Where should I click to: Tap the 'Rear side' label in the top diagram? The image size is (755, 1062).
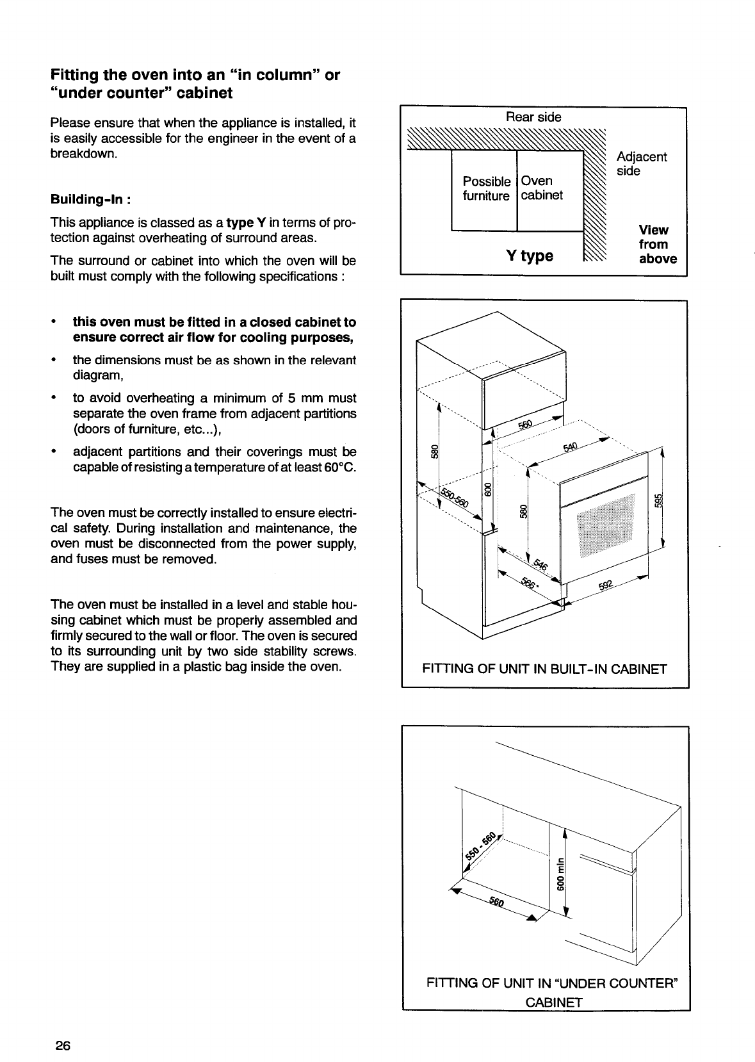(533, 117)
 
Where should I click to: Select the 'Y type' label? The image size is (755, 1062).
(530, 256)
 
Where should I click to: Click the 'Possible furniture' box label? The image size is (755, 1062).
(487, 188)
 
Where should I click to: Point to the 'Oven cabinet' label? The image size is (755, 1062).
(542, 188)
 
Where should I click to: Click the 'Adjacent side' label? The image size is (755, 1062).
(641, 164)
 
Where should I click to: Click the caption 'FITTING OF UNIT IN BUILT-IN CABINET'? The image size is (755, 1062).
(544, 669)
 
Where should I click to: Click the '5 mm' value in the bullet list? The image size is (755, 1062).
(296, 398)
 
